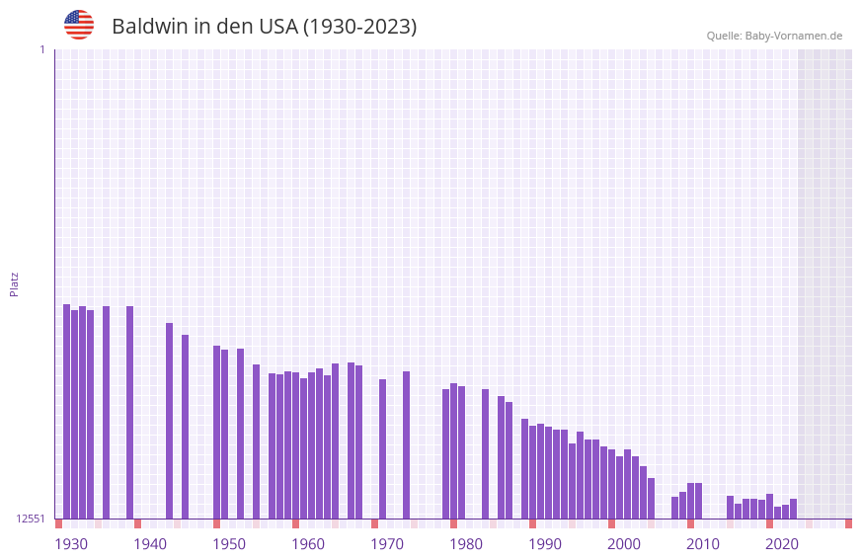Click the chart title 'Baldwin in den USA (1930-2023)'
point(264,27)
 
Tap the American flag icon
point(79,25)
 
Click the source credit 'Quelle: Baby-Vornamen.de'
point(774,36)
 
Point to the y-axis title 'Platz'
point(14,283)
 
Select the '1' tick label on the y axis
point(41,49)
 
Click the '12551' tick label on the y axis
point(31,519)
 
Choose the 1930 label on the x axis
point(71,544)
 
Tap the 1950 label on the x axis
point(229,544)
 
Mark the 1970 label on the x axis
point(387,544)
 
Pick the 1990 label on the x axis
point(545,544)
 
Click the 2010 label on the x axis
point(703,544)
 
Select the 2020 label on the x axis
point(782,544)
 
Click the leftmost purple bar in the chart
point(67,411)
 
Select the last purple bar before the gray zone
point(794,509)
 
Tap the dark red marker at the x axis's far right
point(848,523)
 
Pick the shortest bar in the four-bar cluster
point(75,414)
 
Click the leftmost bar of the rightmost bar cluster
point(731,507)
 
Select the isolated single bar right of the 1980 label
point(486,453)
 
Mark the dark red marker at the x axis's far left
point(59,523)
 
